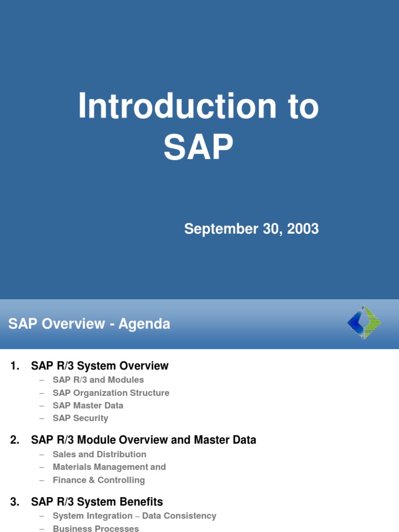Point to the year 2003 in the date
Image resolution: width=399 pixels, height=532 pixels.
click(x=300, y=229)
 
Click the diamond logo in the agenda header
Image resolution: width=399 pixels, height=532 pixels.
click(x=364, y=323)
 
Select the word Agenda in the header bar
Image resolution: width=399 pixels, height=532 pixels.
click(x=144, y=324)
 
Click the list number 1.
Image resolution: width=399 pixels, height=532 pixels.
click(x=14, y=366)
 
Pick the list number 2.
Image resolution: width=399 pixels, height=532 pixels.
click(x=14, y=440)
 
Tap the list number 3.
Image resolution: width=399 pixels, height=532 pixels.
click(x=14, y=502)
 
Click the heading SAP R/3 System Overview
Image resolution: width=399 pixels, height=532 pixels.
click(x=100, y=366)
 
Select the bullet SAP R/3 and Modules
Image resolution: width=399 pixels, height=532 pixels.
click(x=98, y=380)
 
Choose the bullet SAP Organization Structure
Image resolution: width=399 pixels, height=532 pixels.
click(x=111, y=393)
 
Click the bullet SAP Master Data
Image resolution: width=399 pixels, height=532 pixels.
click(x=88, y=405)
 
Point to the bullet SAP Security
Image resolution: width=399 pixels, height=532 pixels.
click(x=81, y=418)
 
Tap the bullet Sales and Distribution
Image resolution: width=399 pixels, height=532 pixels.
click(x=99, y=454)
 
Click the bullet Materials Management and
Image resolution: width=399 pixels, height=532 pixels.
click(x=109, y=467)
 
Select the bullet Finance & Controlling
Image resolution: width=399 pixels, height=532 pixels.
click(x=99, y=480)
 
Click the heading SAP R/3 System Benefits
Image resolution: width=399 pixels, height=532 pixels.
click(x=97, y=502)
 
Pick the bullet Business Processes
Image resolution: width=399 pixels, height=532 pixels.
click(x=96, y=528)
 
